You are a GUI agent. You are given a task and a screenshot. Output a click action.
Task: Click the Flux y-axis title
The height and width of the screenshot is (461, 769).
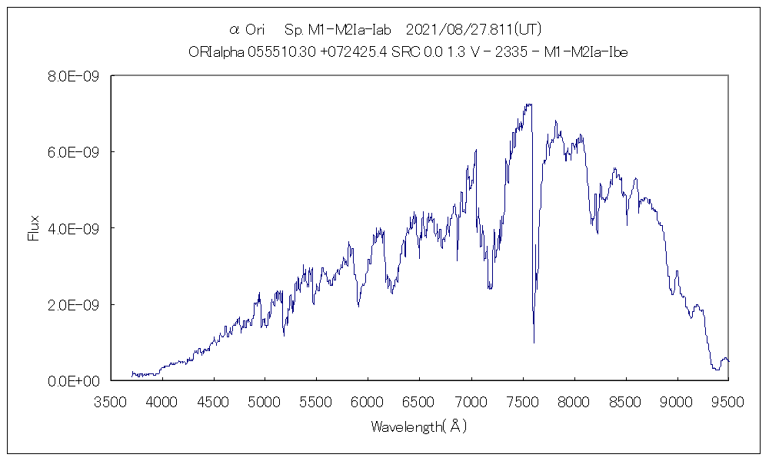pyautogui.click(x=33, y=228)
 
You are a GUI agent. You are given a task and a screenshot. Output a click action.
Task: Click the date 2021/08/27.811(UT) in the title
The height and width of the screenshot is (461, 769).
pyautogui.click(x=473, y=30)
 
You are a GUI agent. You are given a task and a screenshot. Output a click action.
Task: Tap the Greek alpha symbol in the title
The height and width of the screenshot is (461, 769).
pyautogui.click(x=235, y=31)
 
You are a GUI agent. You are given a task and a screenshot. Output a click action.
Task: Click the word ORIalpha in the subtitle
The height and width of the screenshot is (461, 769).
pyautogui.click(x=216, y=52)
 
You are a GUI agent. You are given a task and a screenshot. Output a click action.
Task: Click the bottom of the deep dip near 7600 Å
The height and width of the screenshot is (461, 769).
pyautogui.click(x=534, y=342)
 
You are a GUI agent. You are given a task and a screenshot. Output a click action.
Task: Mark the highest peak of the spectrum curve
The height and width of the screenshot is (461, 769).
pyautogui.click(x=528, y=104)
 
